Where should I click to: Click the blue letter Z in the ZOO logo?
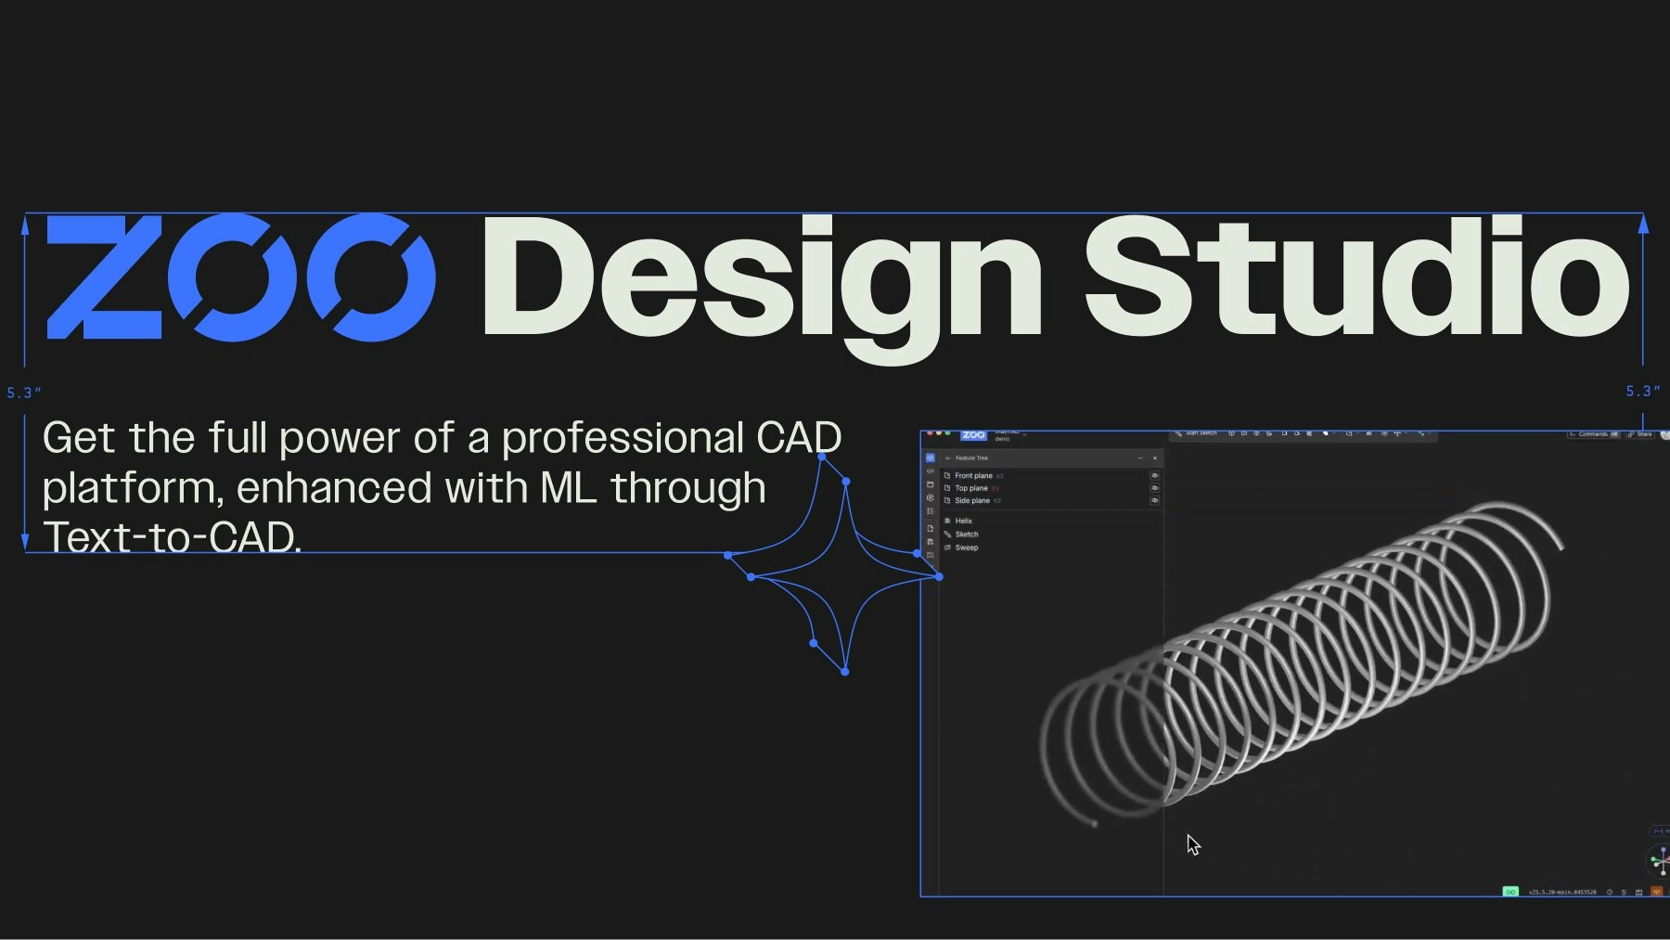pyautogui.click(x=105, y=277)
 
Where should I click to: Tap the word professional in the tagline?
pyautogui.click(x=623, y=439)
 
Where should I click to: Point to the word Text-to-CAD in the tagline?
pyautogui.click(x=172, y=537)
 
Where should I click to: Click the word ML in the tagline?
pyautogui.click(x=568, y=488)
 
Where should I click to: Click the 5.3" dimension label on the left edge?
pyautogui.click(x=24, y=393)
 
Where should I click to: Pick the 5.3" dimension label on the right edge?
pyautogui.click(x=1642, y=392)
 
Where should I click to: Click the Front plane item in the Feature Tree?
pyautogui.click(x=973, y=476)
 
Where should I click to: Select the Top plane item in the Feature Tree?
pyautogui.click(x=971, y=488)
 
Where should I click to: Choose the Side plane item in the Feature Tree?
pyautogui.click(x=972, y=501)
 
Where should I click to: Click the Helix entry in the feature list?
pyautogui.click(x=964, y=522)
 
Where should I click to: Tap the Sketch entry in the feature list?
pyautogui.click(x=967, y=534)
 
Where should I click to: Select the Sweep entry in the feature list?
pyautogui.click(x=967, y=547)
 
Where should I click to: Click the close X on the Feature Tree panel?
pyautogui.click(x=1155, y=458)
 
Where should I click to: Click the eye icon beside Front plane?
pyautogui.click(x=1155, y=476)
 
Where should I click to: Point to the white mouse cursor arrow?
pyautogui.click(x=1192, y=843)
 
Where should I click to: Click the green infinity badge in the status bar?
pyautogui.click(x=1510, y=892)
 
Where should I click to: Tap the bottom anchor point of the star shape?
pyautogui.click(x=844, y=672)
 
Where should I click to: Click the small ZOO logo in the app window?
pyautogui.click(x=973, y=435)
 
